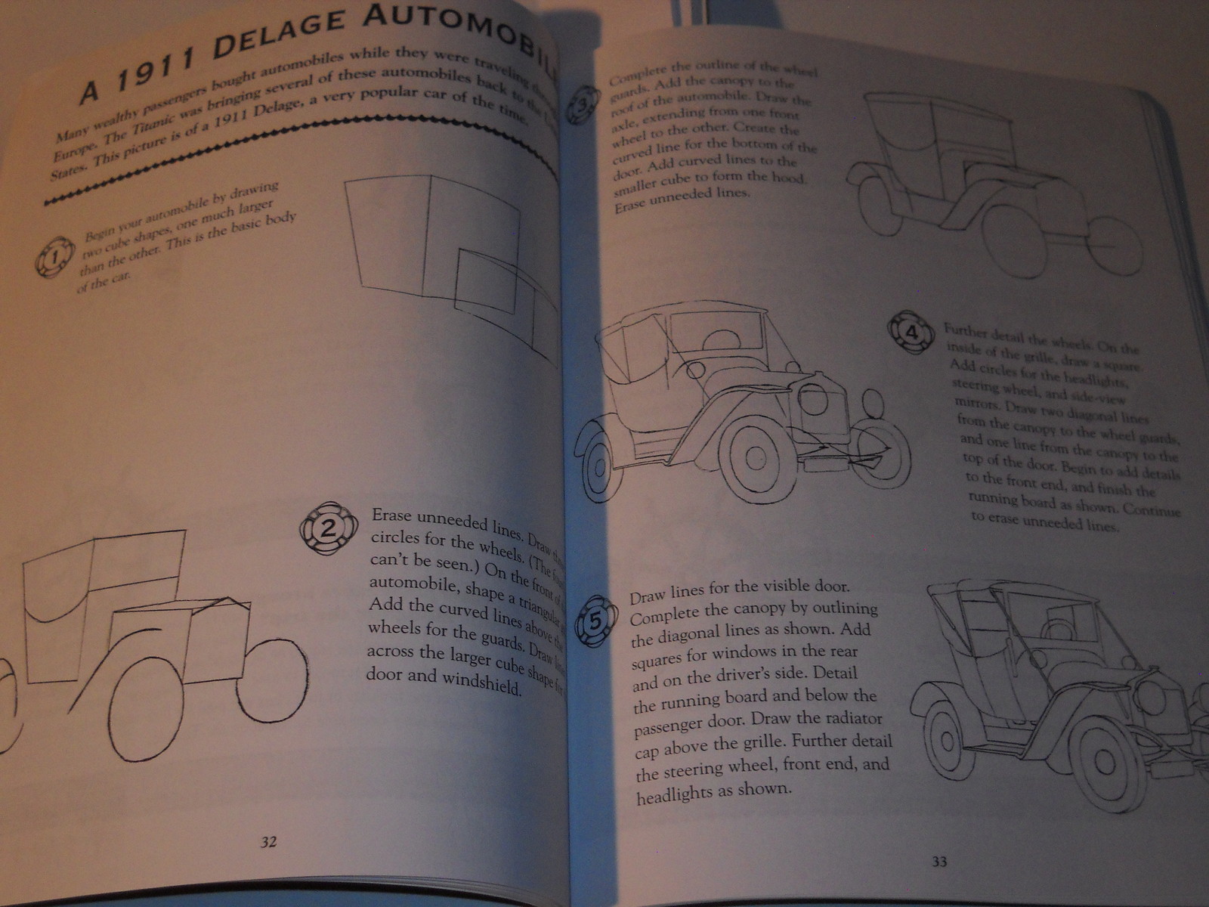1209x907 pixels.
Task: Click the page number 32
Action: [x=268, y=842]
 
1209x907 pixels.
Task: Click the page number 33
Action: [x=939, y=861]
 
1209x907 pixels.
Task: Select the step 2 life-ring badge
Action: [x=327, y=528]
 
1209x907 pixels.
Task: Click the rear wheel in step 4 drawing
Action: [x=599, y=464]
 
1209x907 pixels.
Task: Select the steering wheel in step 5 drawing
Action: [x=1057, y=629]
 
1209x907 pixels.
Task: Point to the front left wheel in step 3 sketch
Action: [x=1017, y=238]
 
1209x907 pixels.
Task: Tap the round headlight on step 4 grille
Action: [x=814, y=398]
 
